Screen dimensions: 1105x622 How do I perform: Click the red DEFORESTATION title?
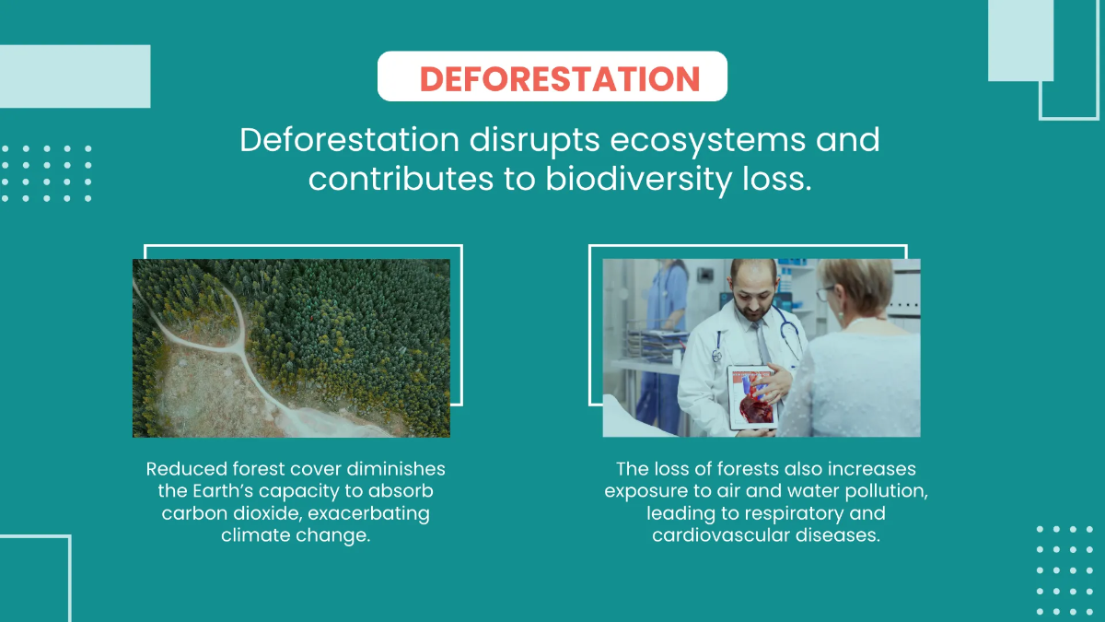(x=560, y=78)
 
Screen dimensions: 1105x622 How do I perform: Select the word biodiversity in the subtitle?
(x=639, y=180)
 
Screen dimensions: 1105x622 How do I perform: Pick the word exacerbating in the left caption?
(x=368, y=514)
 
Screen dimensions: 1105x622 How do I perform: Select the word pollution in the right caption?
(x=886, y=491)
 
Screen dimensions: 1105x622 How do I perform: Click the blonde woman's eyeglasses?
(x=824, y=293)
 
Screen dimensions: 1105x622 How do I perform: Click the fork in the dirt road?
(x=240, y=350)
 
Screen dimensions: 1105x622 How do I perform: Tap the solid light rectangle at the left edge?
(x=75, y=76)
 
